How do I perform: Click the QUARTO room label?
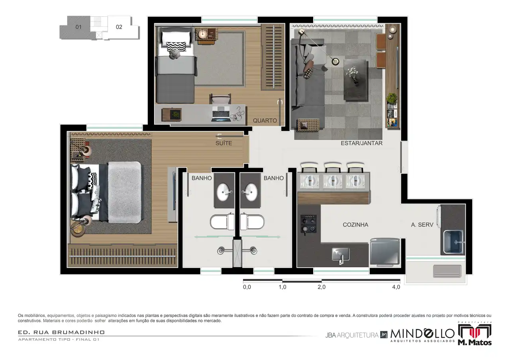pos(265,121)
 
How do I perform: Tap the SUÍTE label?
pos(224,143)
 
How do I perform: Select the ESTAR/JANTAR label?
pos(361,143)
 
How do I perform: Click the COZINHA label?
pos(355,225)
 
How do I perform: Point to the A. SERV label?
pos(422,225)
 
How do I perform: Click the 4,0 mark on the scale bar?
pos(396,287)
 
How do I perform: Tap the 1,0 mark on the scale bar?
pos(282,287)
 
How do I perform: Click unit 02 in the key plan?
pos(119,27)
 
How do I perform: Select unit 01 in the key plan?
pos(78,27)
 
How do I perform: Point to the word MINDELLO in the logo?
pos(422,333)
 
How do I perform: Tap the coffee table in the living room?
pos(356,79)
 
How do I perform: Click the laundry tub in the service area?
pos(454,241)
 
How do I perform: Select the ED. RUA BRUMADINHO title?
pos(61,332)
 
